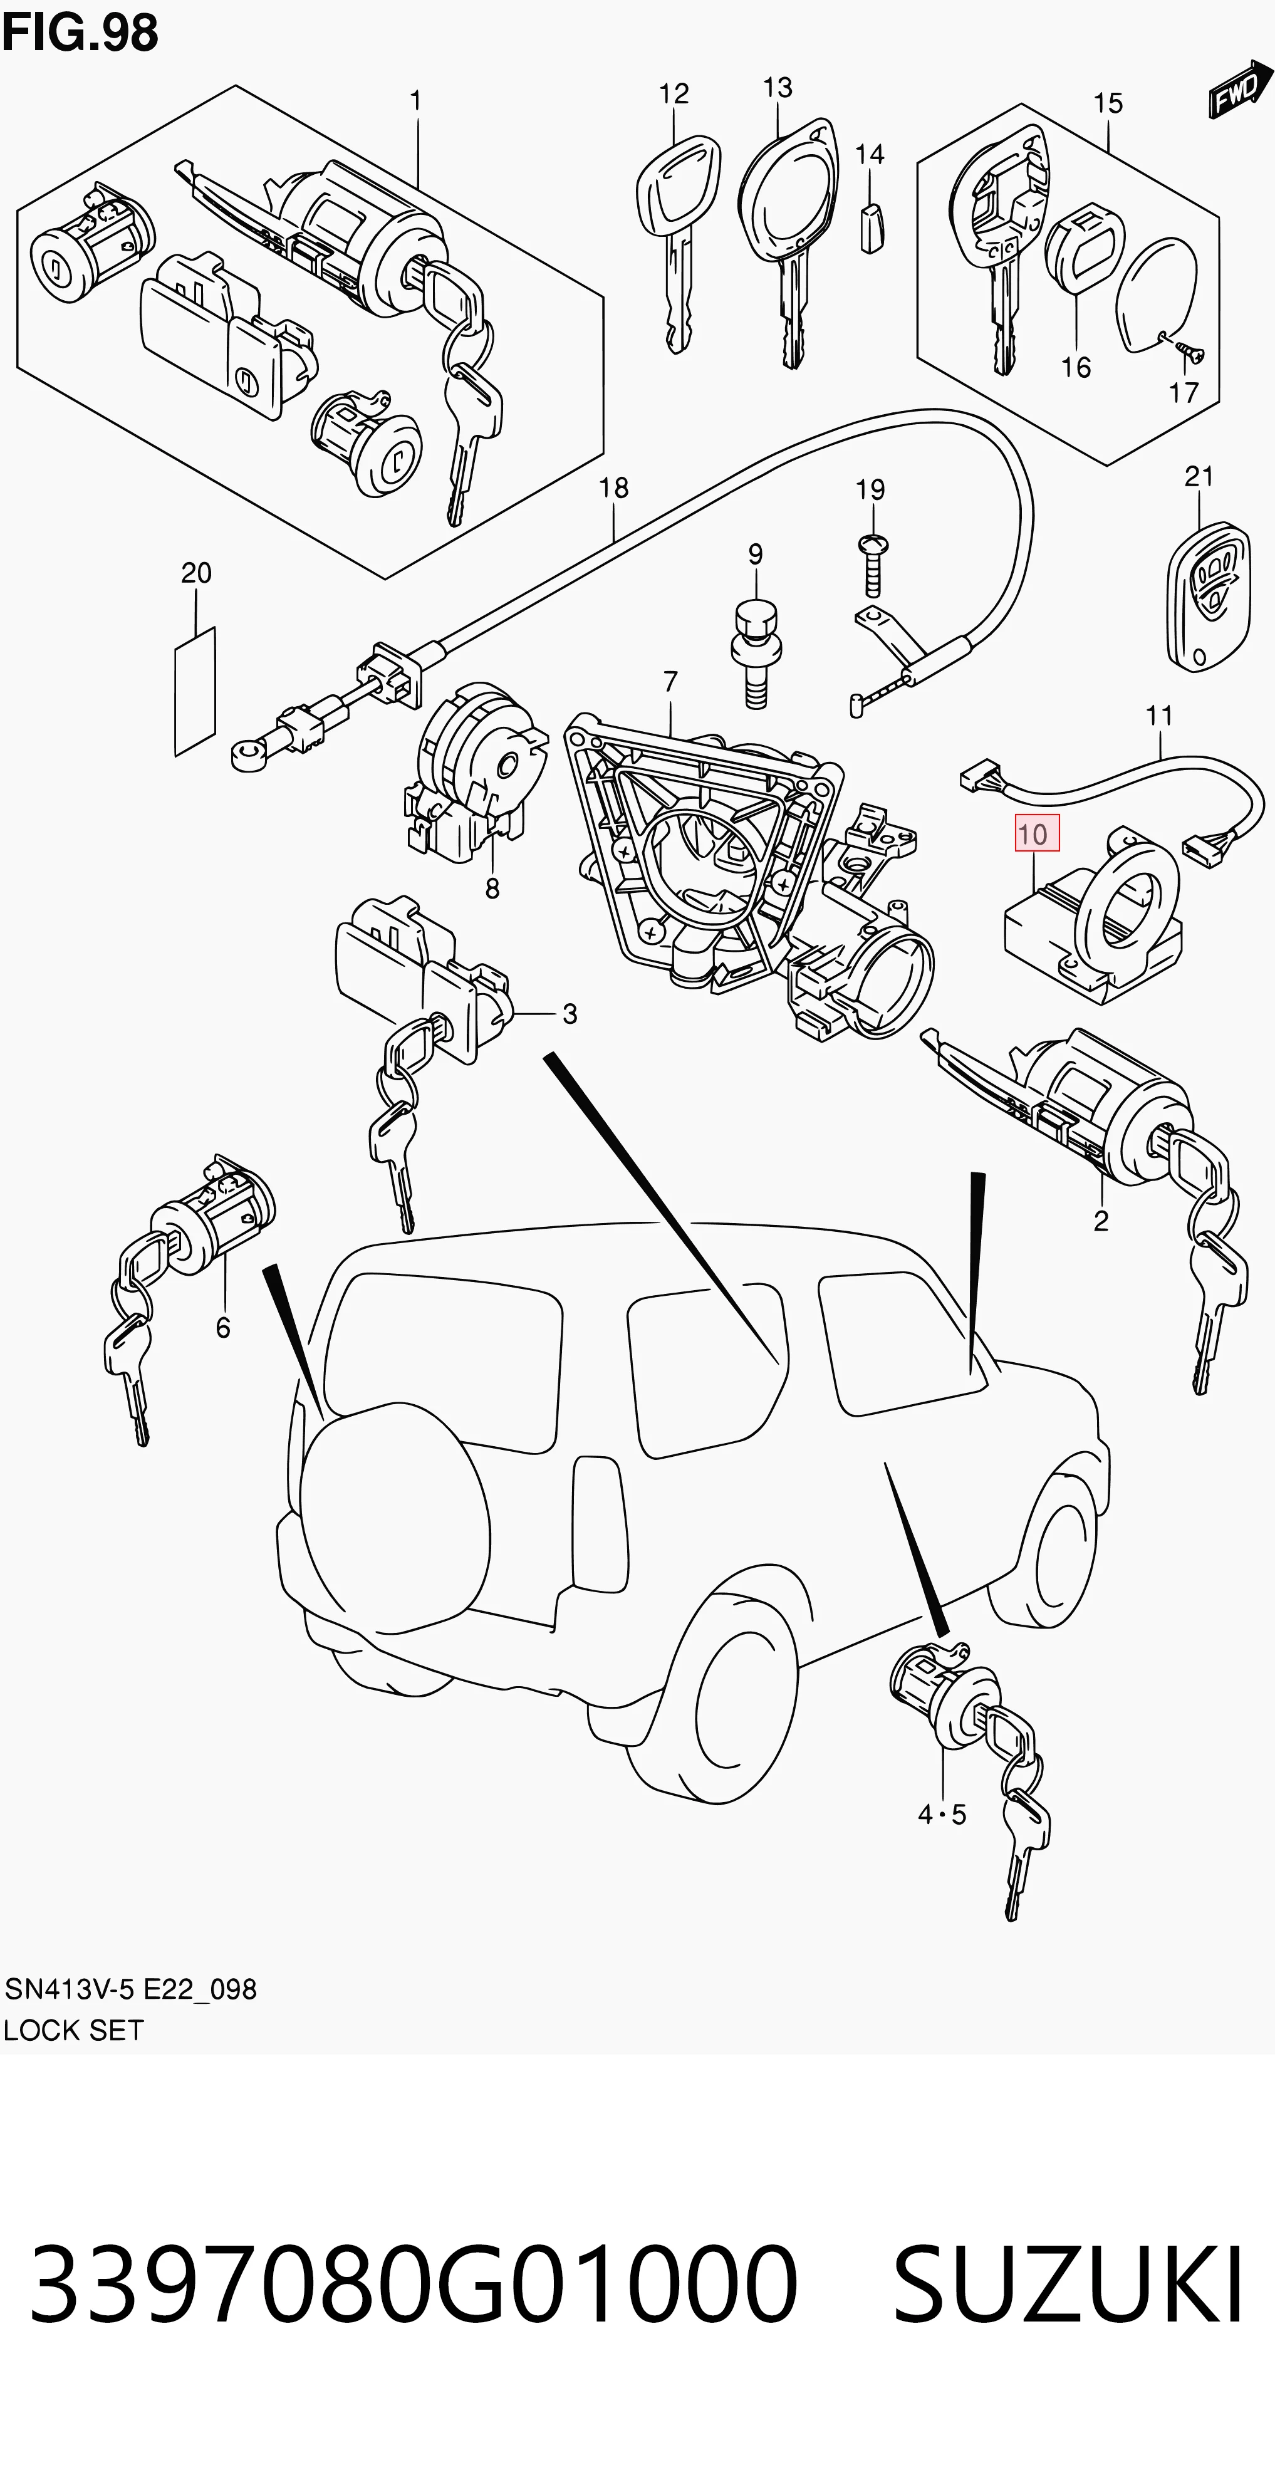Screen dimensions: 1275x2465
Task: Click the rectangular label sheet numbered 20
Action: coord(195,691)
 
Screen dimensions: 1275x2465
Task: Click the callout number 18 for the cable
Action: coord(614,488)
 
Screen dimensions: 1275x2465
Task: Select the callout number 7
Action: coord(670,682)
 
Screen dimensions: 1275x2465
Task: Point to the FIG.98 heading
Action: coord(80,33)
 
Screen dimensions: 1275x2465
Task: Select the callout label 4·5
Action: coord(942,1815)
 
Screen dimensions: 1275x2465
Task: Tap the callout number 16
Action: coord(1076,367)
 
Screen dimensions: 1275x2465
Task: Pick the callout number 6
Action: coord(223,1327)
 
